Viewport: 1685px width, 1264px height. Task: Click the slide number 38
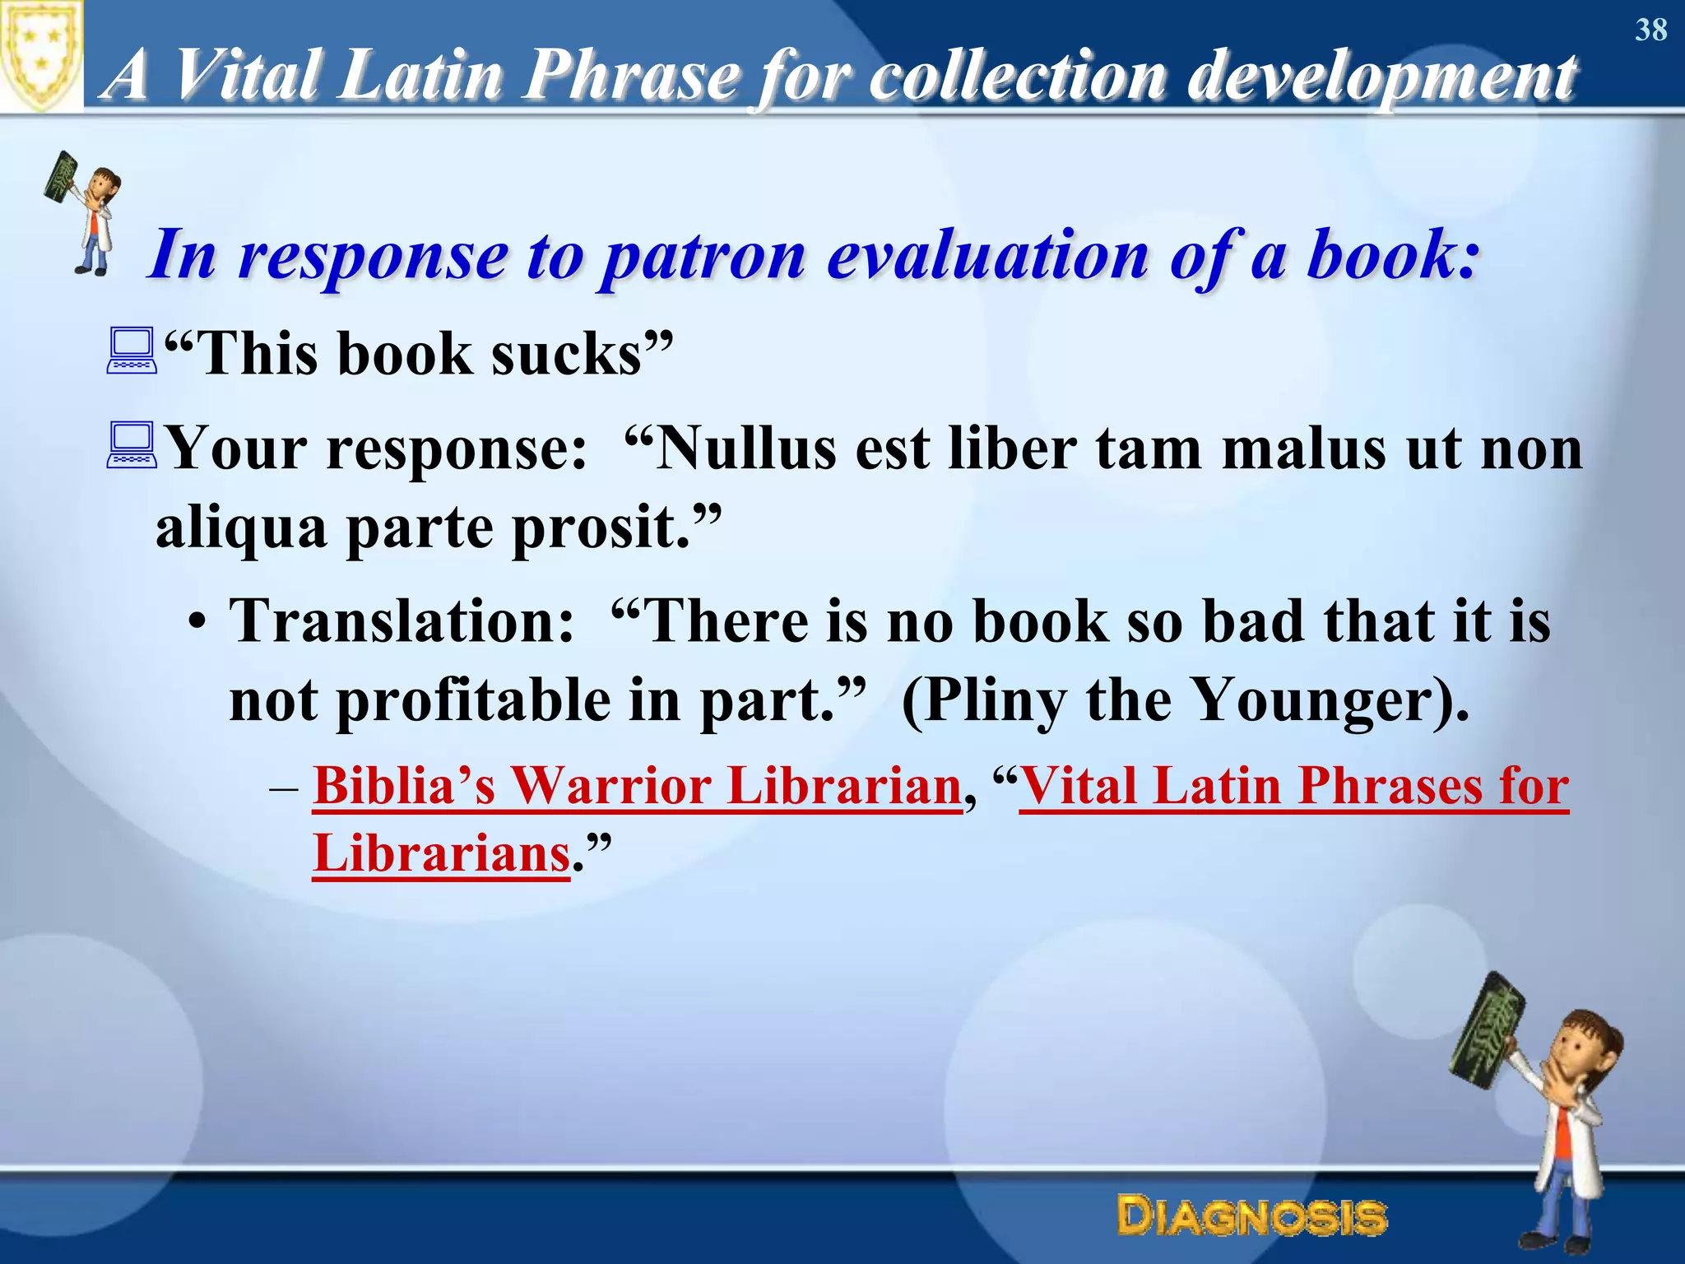coord(1650,30)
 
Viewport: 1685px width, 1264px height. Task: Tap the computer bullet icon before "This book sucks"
coord(132,351)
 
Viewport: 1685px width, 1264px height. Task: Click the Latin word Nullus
coord(736,449)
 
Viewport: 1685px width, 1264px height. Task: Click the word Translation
coord(402,620)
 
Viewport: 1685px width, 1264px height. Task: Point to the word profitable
coord(474,700)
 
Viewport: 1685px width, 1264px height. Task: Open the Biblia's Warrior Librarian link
coord(637,785)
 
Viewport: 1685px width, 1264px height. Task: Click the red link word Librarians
coord(441,853)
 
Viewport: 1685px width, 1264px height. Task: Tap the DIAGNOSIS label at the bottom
coord(1251,1216)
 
